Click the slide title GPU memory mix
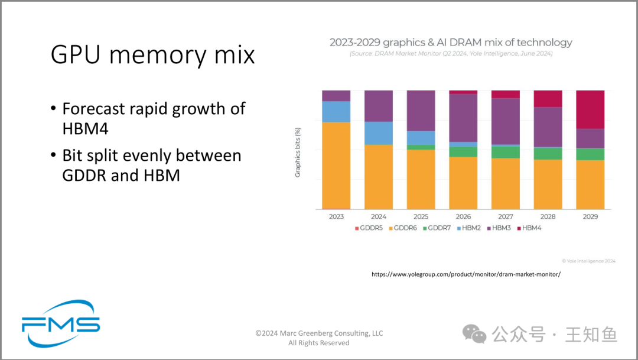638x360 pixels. tap(152, 54)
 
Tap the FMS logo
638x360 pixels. tap(61, 324)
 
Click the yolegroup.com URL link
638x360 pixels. tap(466, 274)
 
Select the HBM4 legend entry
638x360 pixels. tap(529, 228)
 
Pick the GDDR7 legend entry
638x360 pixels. tap(437, 228)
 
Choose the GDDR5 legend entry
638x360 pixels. tap(369, 228)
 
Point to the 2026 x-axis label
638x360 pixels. tap(463, 217)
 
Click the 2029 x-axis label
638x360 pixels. tap(590, 217)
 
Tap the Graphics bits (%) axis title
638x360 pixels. tap(298, 153)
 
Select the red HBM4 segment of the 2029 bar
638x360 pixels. tap(590, 109)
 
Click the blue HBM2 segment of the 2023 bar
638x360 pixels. tap(336, 112)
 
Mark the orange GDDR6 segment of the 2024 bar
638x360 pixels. tap(379, 177)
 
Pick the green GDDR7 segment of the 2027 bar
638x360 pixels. tap(505, 153)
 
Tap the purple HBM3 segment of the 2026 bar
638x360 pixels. tap(463, 118)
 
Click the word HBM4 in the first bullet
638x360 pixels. tap(86, 129)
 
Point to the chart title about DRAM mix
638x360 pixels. tap(451, 43)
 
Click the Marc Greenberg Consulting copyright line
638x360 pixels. tap(319, 333)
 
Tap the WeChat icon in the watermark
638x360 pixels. tap(474, 334)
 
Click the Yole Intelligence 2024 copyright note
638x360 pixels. tap(589, 261)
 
